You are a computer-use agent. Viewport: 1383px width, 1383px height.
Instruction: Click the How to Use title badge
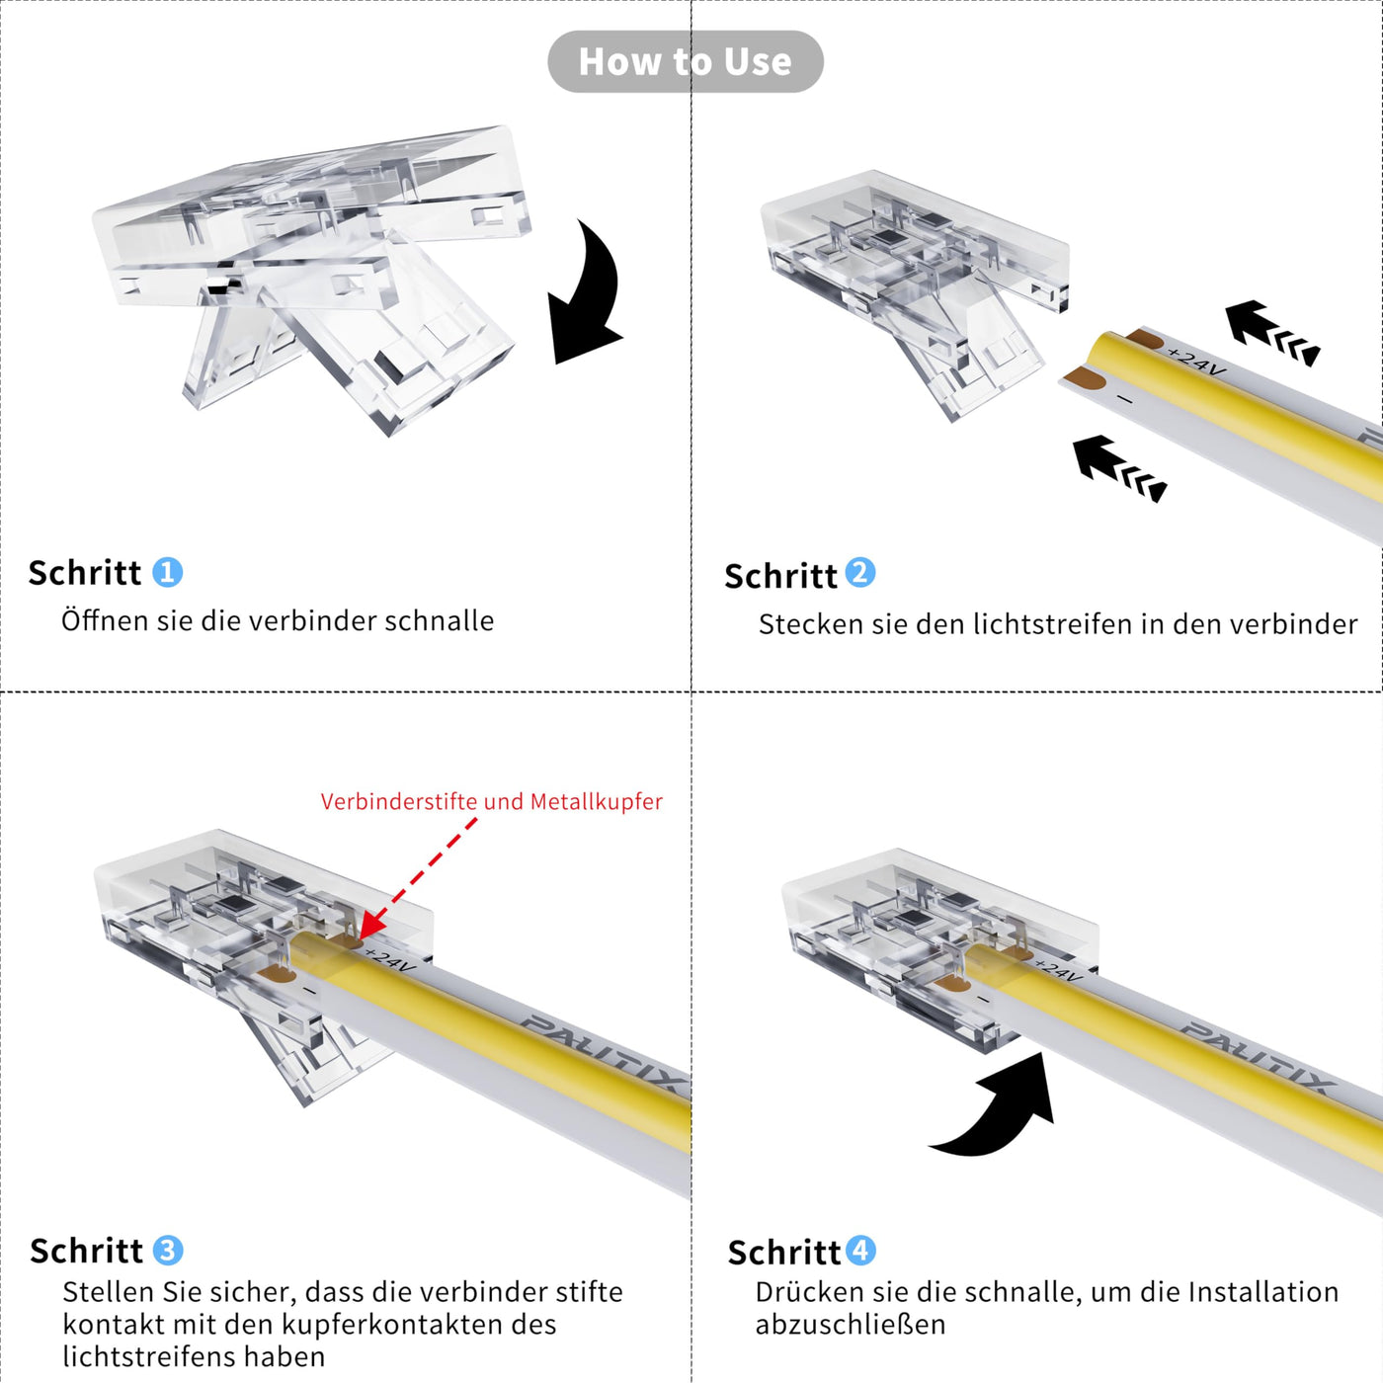coord(686,61)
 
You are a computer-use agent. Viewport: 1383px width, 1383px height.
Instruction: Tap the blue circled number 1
coord(168,572)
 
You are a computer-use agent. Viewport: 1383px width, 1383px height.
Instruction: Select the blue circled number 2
coord(860,573)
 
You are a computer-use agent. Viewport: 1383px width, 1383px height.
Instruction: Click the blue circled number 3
coord(168,1251)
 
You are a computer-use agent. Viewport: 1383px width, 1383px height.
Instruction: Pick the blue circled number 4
coord(860,1251)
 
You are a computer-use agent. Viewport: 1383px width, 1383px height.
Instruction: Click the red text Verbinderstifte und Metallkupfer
coord(492,802)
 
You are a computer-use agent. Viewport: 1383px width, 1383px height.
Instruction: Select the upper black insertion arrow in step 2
coord(1271,332)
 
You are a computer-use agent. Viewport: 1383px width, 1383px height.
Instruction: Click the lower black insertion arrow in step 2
coord(1119,468)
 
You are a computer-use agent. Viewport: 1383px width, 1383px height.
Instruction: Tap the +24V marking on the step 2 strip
coord(1196,362)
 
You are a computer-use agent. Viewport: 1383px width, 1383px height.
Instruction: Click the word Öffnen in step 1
coord(106,620)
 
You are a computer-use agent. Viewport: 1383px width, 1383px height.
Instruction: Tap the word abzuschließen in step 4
coord(851,1325)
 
